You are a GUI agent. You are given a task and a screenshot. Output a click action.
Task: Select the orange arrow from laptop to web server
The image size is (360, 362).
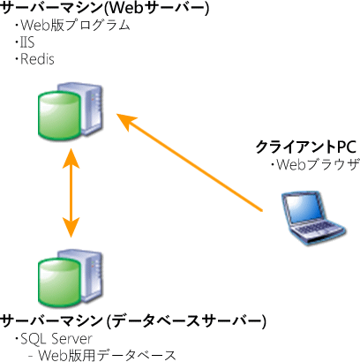(x=194, y=163)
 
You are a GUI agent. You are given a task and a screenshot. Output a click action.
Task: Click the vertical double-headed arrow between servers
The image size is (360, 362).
(x=69, y=195)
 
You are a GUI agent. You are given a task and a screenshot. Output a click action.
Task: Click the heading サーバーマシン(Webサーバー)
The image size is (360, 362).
(x=106, y=10)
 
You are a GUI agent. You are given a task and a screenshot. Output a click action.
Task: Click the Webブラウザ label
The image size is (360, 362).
(x=313, y=164)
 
